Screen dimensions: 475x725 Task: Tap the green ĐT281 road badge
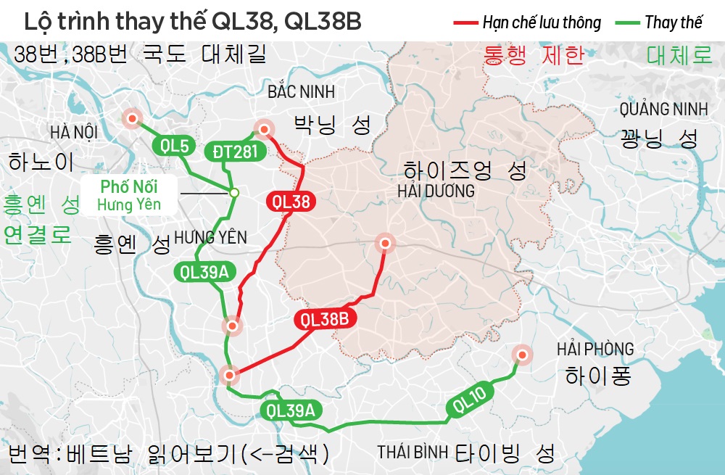click(x=236, y=151)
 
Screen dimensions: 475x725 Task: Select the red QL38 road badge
click(x=291, y=202)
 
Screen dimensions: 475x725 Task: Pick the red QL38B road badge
click(x=325, y=318)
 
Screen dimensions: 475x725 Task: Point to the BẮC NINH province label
click(x=301, y=91)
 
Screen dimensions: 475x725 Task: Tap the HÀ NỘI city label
click(x=74, y=133)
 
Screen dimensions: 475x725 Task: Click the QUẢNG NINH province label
click(x=663, y=110)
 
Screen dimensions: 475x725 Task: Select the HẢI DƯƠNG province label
click(x=436, y=191)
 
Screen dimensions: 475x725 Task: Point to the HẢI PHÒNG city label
click(x=595, y=349)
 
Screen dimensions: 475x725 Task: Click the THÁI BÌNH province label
click(x=412, y=452)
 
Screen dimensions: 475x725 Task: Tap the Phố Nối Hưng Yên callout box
click(x=129, y=195)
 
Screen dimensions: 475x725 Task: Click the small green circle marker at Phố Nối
click(x=234, y=193)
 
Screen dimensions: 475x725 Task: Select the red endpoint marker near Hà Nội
click(x=132, y=119)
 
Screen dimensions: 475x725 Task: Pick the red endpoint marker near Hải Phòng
click(x=521, y=355)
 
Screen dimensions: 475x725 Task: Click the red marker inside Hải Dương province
click(x=385, y=244)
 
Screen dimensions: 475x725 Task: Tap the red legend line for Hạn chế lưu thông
click(x=464, y=22)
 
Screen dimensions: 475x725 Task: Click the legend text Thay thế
click(x=674, y=22)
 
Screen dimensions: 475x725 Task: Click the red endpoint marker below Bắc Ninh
click(x=264, y=130)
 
